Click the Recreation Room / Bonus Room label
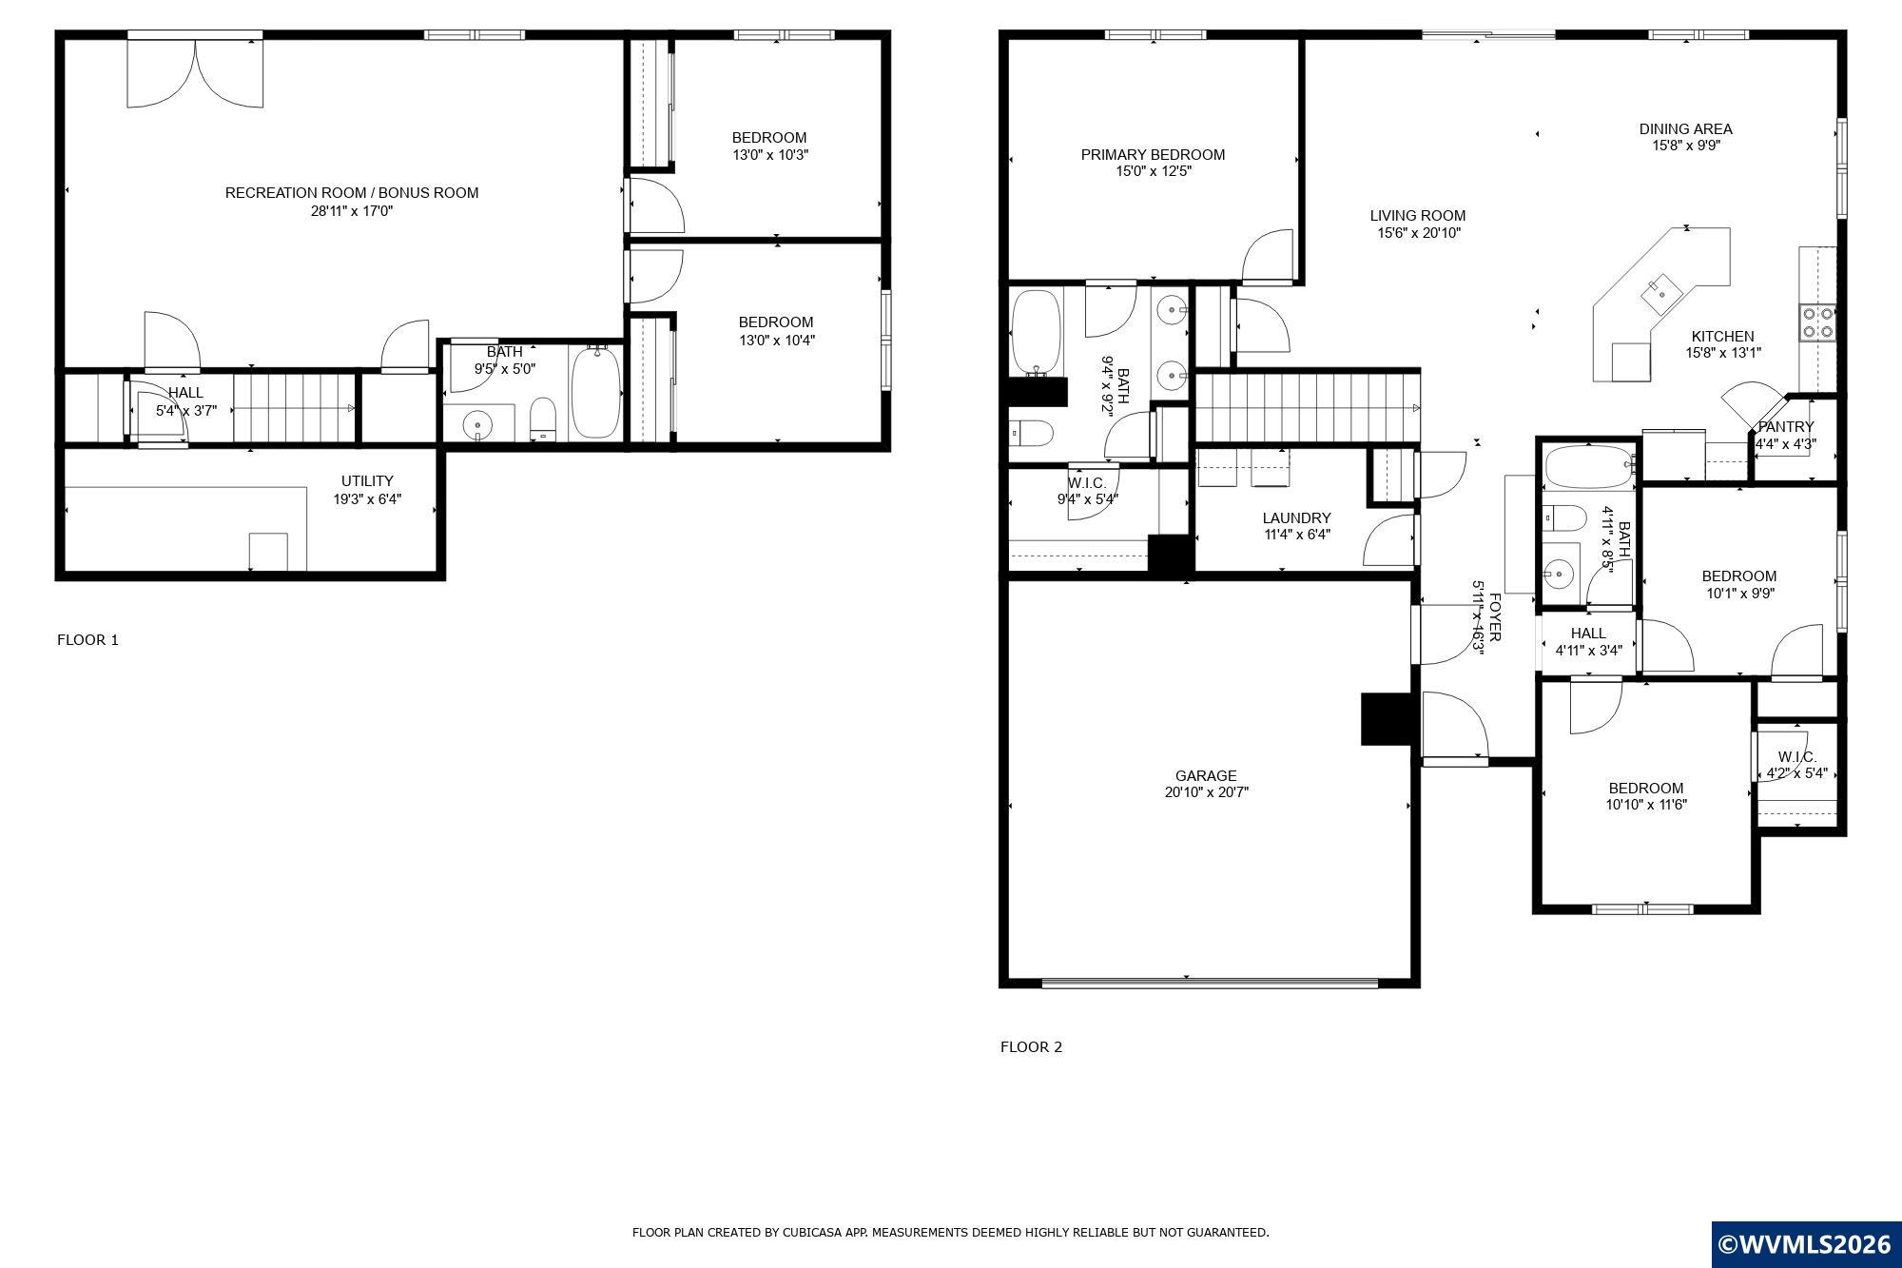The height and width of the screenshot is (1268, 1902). click(352, 193)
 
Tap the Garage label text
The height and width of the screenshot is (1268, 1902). click(1206, 776)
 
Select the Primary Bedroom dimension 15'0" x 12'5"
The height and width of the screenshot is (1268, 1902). click(1154, 172)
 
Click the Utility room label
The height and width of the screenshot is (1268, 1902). click(367, 481)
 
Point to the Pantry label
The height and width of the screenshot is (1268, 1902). click(1786, 427)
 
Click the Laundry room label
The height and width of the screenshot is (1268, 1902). click(1296, 518)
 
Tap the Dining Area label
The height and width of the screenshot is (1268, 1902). click(1686, 129)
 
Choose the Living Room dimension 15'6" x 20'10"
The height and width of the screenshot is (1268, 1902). click(1418, 233)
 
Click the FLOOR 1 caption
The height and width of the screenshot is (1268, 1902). click(88, 640)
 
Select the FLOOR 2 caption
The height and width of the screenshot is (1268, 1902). click(1031, 1047)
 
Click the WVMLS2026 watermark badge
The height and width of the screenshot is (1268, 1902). click(1806, 1244)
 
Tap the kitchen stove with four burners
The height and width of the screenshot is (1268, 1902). click(1817, 322)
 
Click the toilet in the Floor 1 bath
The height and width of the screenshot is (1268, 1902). click(542, 419)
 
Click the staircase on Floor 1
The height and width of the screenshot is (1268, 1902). click(294, 408)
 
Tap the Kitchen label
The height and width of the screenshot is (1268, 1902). click(1722, 337)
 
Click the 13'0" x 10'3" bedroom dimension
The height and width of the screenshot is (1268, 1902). click(770, 155)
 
